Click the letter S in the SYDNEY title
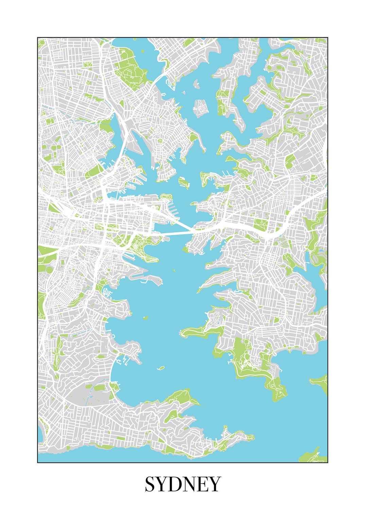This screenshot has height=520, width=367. (x=151, y=484)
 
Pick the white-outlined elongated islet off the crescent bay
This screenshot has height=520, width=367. (x=161, y=368)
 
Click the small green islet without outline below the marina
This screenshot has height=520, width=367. (x=145, y=318)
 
